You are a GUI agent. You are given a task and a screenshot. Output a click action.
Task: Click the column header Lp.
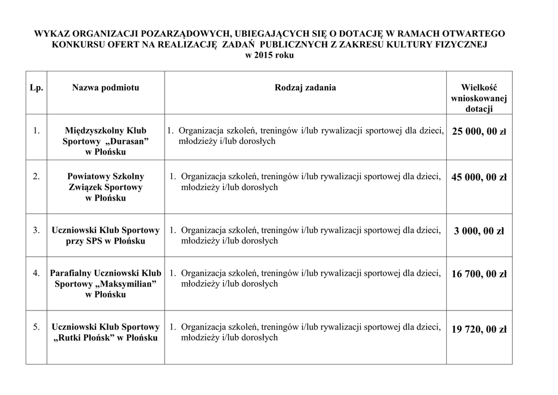[x=36, y=88]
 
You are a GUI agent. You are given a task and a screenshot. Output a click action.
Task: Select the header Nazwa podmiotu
[x=106, y=88]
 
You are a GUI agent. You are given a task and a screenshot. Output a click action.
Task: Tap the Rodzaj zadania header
[x=305, y=88]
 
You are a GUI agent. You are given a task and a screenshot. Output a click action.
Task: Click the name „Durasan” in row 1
[x=125, y=142]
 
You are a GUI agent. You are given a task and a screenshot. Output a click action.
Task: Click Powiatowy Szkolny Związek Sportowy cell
[x=106, y=187]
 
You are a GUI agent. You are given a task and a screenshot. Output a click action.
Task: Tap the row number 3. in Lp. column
[x=36, y=230]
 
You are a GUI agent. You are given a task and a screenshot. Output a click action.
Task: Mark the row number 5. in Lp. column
[x=36, y=327]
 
